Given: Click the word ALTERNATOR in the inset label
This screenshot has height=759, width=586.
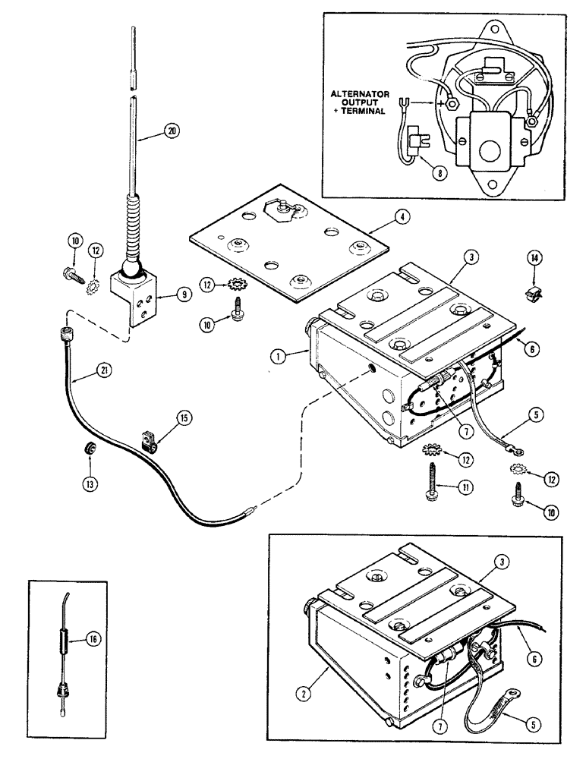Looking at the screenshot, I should pos(361,93).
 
